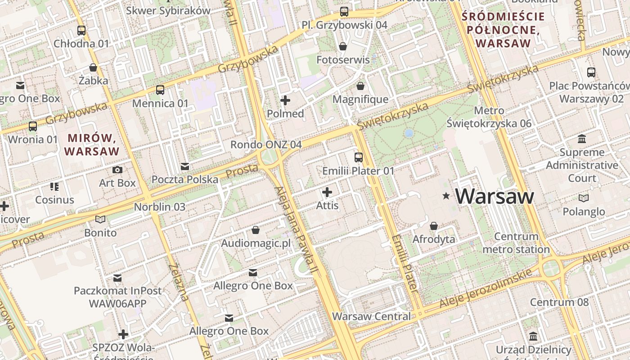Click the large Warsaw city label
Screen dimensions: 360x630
pyautogui.click(x=495, y=197)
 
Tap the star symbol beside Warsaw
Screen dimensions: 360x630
pyautogui.click(x=446, y=196)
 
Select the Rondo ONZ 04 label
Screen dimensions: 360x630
pyautogui.click(x=266, y=144)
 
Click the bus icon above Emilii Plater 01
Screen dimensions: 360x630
pyautogui.click(x=358, y=157)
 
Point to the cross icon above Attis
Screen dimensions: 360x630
pyautogui.click(x=327, y=193)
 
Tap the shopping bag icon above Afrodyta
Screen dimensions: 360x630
pyautogui.click(x=434, y=226)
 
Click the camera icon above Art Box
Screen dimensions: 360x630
pyautogui.click(x=117, y=170)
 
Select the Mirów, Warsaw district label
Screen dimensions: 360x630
pyautogui.click(x=92, y=144)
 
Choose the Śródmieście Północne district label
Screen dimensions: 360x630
pyautogui.click(x=503, y=30)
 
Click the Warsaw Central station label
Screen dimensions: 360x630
pyautogui.click(x=371, y=316)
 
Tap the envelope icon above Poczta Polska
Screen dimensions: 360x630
pyautogui.click(x=184, y=167)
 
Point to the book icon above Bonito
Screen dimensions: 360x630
pyautogui.click(x=100, y=220)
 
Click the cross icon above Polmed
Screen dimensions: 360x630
pyautogui.click(x=285, y=100)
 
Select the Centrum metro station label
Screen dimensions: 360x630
pyautogui.click(x=516, y=243)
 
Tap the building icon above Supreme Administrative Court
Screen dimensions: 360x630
pyautogui.click(x=582, y=139)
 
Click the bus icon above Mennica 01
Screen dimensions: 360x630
pyautogui.click(x=160, y=90)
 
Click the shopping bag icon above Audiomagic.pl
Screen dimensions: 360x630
pyautogui.click(x=256, y=230)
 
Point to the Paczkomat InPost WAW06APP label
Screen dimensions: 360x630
pyautogui.click(x=117, y=297)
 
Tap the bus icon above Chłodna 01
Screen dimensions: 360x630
pyautogui.click(x=81, y=31)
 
